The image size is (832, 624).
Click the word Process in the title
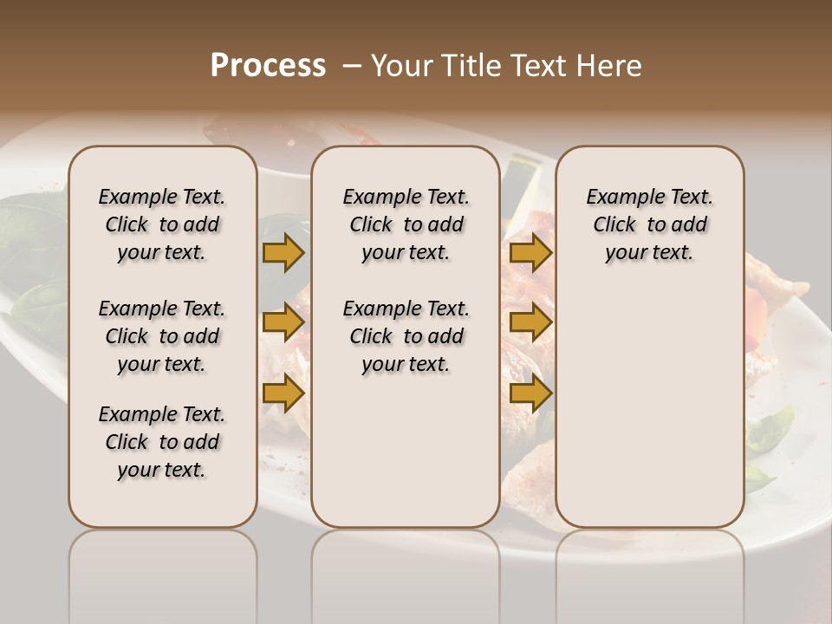pyautogui.click(x=268, y=66)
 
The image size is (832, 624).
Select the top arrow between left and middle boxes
pyautogui.click(x=283, y=252)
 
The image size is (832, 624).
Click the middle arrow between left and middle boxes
pyautogui.click(x=283, y=323)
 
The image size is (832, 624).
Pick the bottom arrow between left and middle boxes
pyautogui.click(x=283, y=393)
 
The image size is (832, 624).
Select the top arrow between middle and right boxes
pyautogui.click(x=530, y=252)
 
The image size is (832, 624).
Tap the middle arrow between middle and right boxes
pyautogui.click(x=530, y=323)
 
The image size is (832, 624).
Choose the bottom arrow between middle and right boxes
pyautogui.click(x=530, y=393)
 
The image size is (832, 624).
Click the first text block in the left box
pyautogui.click(x=162, y=224)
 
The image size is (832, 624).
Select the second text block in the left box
pyautogui.click(x=162, y=336)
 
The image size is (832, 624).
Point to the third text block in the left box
pyautogui.click(x=162, y=442)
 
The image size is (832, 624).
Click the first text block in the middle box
pyautogui.click(x=406, y=224)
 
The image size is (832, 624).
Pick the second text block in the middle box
pyautogui.click(x=406, y=336)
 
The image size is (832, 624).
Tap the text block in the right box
pyautogui.click(x=649, y=224)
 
